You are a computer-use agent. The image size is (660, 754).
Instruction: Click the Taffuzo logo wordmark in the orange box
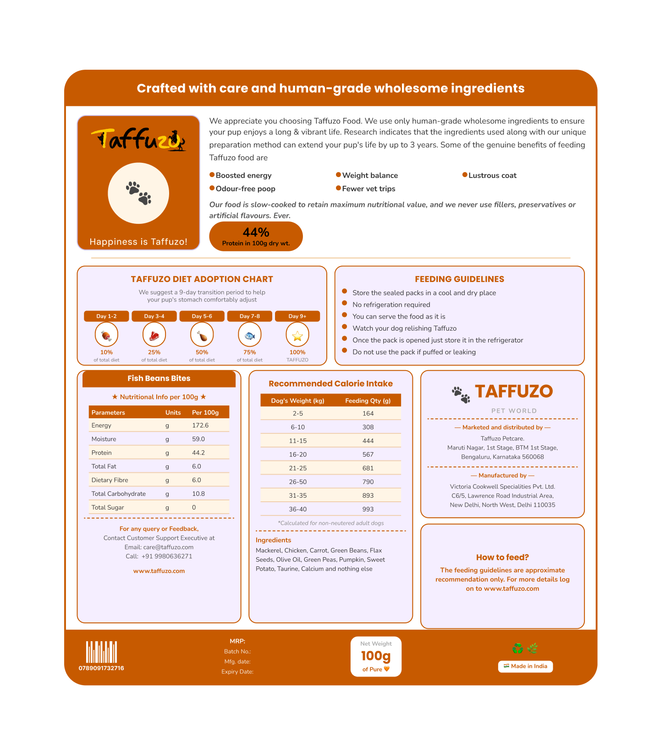(x=138, y=139)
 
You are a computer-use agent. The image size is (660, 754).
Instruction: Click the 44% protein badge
(x=256, y=236)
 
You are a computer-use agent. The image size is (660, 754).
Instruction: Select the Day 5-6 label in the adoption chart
(x=202, y=316)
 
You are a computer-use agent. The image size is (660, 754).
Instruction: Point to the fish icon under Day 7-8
(x=250, y=336)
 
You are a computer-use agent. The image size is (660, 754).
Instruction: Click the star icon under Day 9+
(x=297, y=336)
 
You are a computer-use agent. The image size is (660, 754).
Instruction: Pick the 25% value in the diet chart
(x=154, y=352)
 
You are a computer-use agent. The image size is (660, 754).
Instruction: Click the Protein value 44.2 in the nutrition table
(x=198, y=453)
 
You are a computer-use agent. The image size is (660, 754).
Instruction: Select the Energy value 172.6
(x=200, y=425)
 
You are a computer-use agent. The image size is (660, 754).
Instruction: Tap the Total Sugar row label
(x=108, y=507)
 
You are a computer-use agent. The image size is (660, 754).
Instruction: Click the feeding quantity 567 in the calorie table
(x=368, y=455)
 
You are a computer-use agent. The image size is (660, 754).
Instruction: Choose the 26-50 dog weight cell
(x=298, y=482)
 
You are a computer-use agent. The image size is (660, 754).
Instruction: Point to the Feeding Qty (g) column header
(x=368, y=401)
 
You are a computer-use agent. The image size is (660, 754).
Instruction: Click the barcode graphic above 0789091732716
(x=101, y=652)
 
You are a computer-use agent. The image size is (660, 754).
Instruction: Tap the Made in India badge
(x=525, y=666)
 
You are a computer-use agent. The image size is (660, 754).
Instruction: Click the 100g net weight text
(x=376, y=656)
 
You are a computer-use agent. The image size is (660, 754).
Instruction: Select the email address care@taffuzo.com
(x=168, y=547)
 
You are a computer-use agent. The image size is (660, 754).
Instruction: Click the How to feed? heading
(x=502, y=557)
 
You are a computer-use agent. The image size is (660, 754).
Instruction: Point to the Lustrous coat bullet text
(x=492, y=176)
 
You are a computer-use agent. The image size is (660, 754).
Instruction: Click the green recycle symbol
(x=517, y=649)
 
